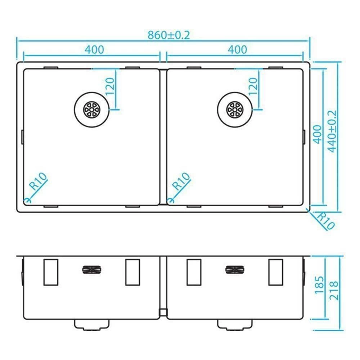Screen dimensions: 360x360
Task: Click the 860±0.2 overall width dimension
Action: coord(169,35)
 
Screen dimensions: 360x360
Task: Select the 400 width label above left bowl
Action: coord(94,50)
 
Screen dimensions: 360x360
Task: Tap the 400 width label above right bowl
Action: coord(237,50)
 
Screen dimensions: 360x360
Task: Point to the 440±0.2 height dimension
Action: coord(332,131)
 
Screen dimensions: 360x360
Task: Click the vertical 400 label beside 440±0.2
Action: coord(318,134)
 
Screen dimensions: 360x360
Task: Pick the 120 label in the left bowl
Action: coord(110,86)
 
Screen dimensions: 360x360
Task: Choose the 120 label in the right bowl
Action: coord(253,86)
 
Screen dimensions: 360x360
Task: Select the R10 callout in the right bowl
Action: coord(181,181)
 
